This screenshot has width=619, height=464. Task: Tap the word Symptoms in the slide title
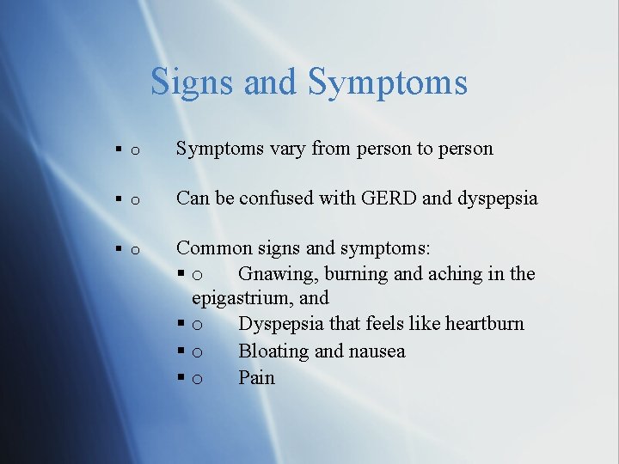(388, 82)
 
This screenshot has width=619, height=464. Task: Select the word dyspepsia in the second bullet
(498, 198)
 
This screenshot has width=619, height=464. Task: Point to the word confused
(277, 198)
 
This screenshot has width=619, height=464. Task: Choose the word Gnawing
(273, 274)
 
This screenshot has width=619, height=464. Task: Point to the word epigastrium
(240, 298)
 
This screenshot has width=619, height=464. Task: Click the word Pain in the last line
(256, 378)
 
